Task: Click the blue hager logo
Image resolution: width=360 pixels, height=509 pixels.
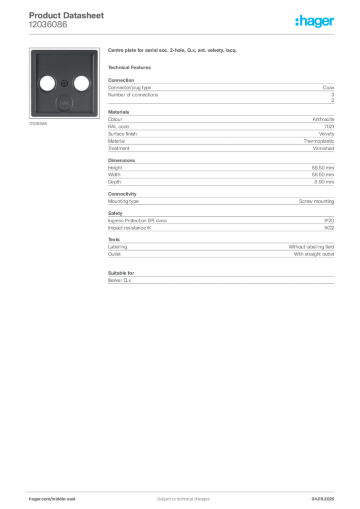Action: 315,22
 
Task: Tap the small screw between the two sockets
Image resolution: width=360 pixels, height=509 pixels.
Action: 63,83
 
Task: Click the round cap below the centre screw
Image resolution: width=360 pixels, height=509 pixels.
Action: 63,103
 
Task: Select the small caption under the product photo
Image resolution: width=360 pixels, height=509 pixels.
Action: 38,124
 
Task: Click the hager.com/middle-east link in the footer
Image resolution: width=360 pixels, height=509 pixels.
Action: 56,499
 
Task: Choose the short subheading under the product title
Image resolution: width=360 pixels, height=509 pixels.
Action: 131,67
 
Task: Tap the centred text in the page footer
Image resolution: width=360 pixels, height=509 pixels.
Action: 177,496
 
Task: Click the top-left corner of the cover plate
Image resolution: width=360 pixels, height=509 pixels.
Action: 32,50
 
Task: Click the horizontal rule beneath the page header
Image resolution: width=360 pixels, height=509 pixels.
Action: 183,33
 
